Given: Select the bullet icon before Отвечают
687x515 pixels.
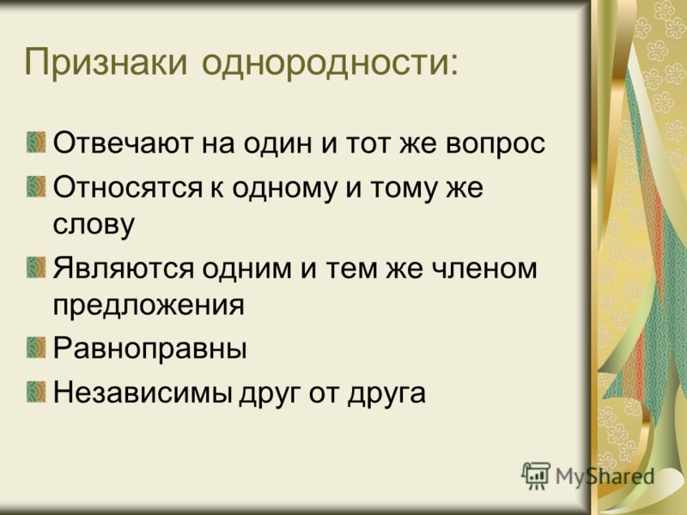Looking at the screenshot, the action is (36, 142).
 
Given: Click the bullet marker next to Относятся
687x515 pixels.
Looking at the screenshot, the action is (36, 186).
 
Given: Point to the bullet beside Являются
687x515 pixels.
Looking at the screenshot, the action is (36, 267).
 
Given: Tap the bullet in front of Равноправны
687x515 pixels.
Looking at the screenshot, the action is (36, 348).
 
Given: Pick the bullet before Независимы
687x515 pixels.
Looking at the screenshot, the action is (36, 392).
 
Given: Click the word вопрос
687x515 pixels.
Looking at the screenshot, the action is (495, 144).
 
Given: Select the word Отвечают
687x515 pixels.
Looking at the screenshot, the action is (123, 142).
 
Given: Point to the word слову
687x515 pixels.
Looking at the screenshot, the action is (94, 225).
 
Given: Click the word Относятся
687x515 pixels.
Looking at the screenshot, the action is (128, 187).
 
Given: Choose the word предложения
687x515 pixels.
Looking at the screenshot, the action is (149, 306).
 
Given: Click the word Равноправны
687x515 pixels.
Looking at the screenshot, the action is (149, 349).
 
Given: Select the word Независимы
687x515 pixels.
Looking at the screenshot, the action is (143, 392).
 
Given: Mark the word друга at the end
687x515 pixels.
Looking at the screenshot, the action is (386, 394).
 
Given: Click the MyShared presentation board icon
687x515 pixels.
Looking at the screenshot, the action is (536, 476).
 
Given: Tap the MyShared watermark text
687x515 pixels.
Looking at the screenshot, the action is (605, 476).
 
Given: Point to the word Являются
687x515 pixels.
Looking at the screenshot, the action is (124, 268).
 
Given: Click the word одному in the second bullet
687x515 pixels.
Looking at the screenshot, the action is (284, 189).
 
